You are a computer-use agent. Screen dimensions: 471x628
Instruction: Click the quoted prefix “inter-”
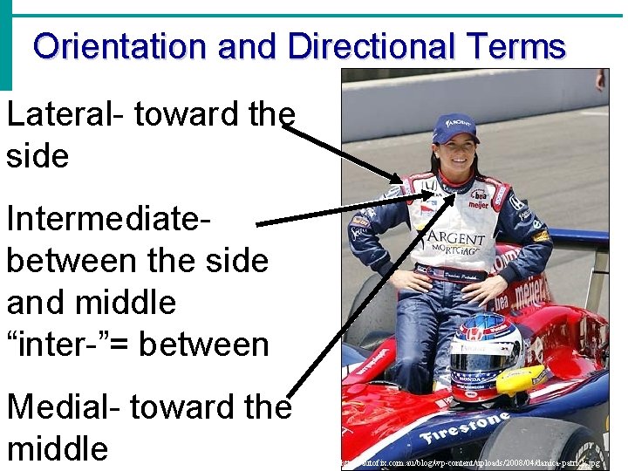63,345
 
